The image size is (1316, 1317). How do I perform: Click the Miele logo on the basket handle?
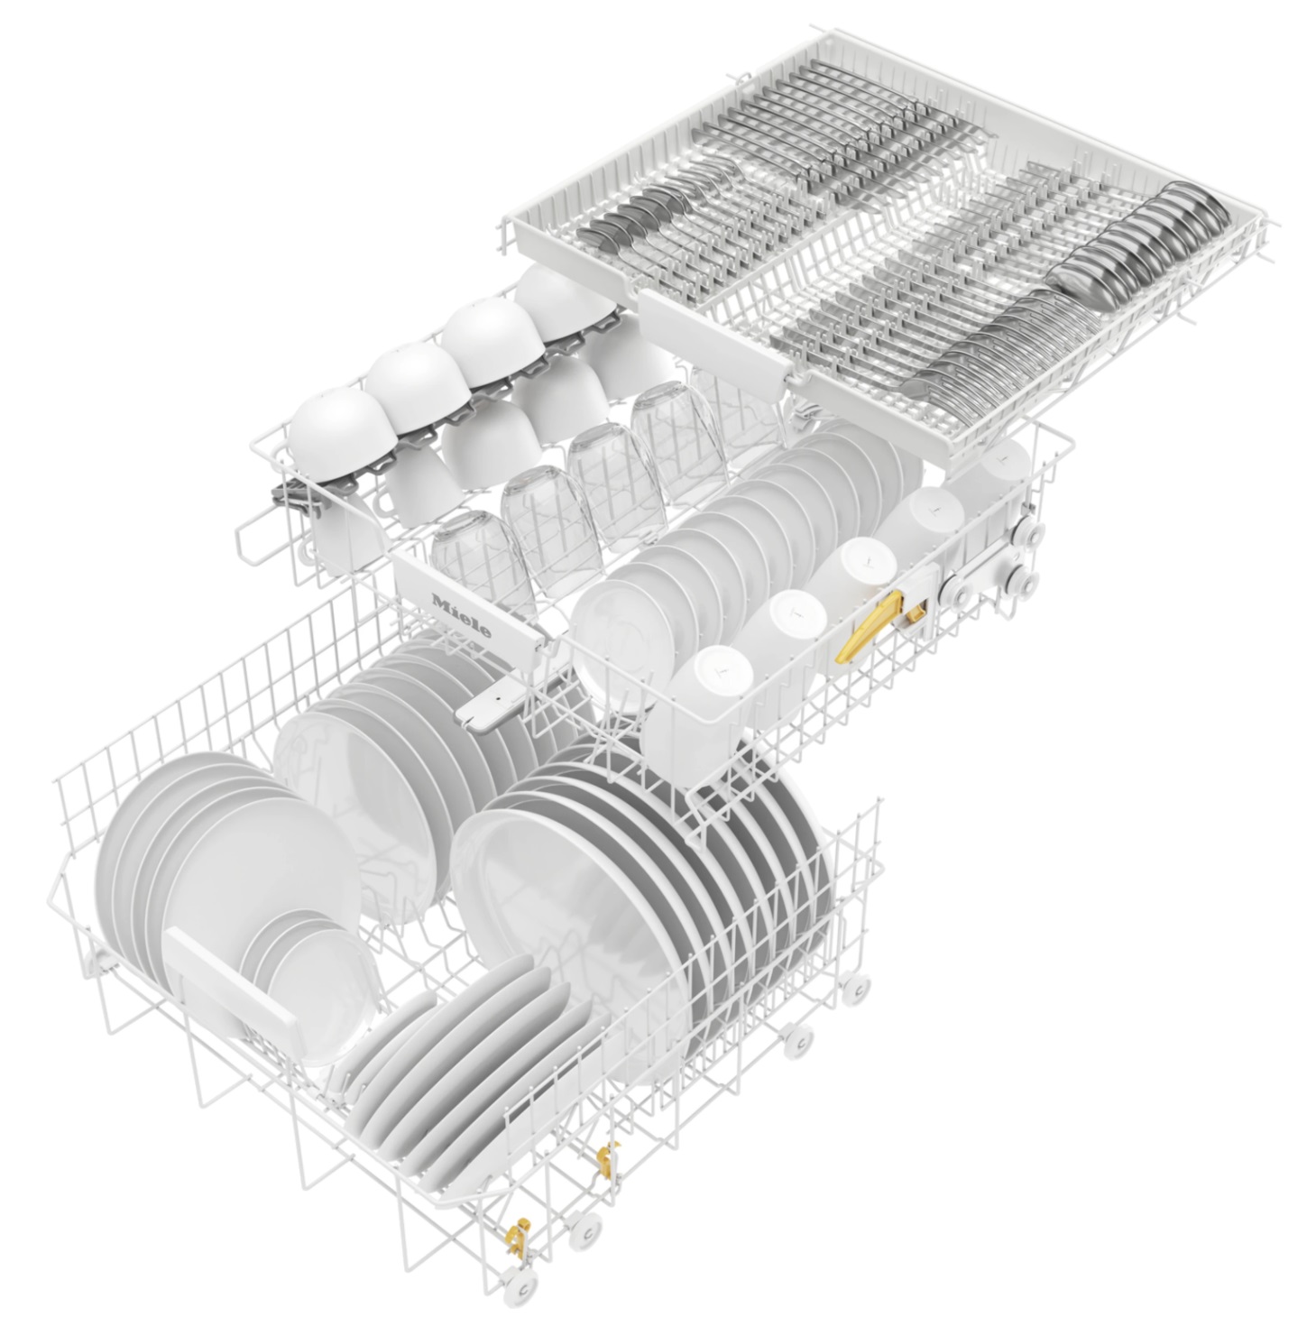pos(462,616)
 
